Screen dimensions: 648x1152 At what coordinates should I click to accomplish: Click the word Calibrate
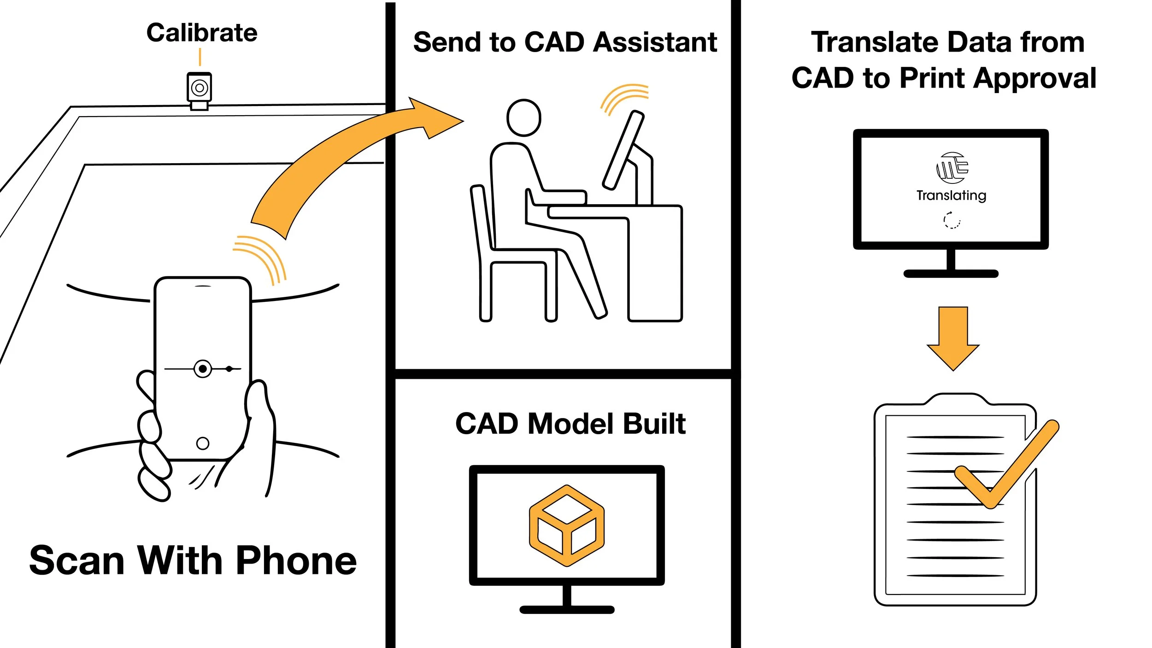click(202, 33)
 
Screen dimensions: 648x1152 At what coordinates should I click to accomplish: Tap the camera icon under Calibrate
click(199, 88)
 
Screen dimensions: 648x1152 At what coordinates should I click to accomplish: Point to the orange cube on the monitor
click(567, 525)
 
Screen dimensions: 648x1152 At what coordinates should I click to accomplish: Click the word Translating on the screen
click(951, 195)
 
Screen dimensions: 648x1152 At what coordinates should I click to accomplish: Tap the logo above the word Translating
click(952, 167)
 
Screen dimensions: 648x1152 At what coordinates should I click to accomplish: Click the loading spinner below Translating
click(952, 220)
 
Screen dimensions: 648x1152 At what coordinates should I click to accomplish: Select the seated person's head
click(524, 118)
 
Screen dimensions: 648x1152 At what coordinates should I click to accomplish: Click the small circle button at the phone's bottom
click(203, 443)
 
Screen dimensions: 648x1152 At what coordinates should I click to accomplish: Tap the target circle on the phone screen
click(203, 369)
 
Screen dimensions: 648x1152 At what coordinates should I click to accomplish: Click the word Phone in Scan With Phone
click(296, 560)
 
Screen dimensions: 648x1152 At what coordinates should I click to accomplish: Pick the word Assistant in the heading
click(655, 42)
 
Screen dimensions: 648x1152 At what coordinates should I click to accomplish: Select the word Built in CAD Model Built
click(654, 424)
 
